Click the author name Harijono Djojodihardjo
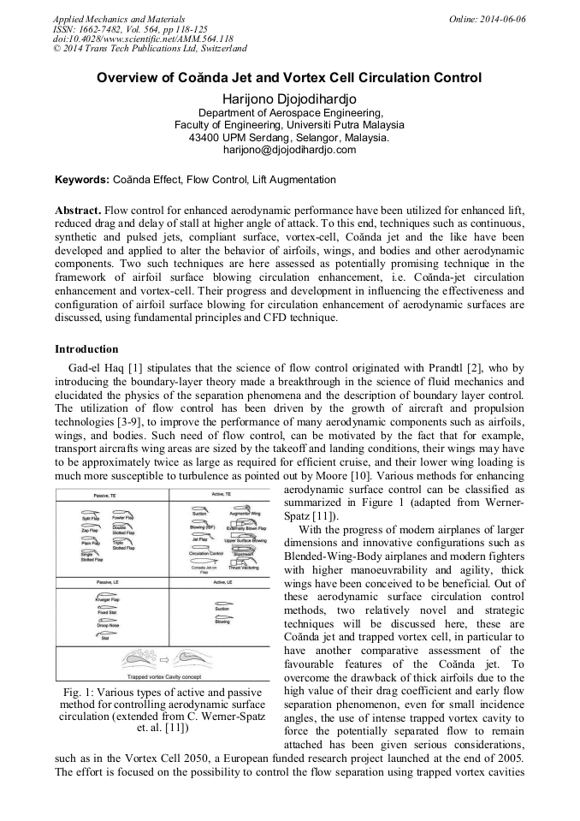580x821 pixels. [x=289, y=98]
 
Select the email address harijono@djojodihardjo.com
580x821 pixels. [x=289, y=149]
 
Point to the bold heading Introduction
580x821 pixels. [x=86, y=349]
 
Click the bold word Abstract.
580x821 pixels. [x=79, y=210]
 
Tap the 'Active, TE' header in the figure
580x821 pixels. [x=223, y=496]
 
